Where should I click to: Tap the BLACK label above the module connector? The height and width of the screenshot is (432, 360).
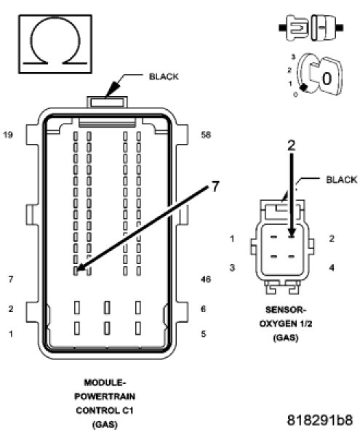pos(164,76)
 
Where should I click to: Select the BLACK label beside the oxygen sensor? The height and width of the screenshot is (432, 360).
pos(342,180)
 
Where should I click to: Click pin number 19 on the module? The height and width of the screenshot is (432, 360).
pos(8,135)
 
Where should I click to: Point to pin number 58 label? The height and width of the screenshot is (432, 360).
pos(206,135)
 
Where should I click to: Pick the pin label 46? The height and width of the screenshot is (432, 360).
pos(206,279)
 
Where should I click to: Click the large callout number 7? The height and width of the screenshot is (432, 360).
pos(215,186)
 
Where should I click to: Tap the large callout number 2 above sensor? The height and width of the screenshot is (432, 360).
pos(291,145)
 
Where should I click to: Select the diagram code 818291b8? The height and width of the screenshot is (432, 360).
pos(320,420)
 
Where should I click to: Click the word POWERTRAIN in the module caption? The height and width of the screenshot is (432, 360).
pos(105,396)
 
